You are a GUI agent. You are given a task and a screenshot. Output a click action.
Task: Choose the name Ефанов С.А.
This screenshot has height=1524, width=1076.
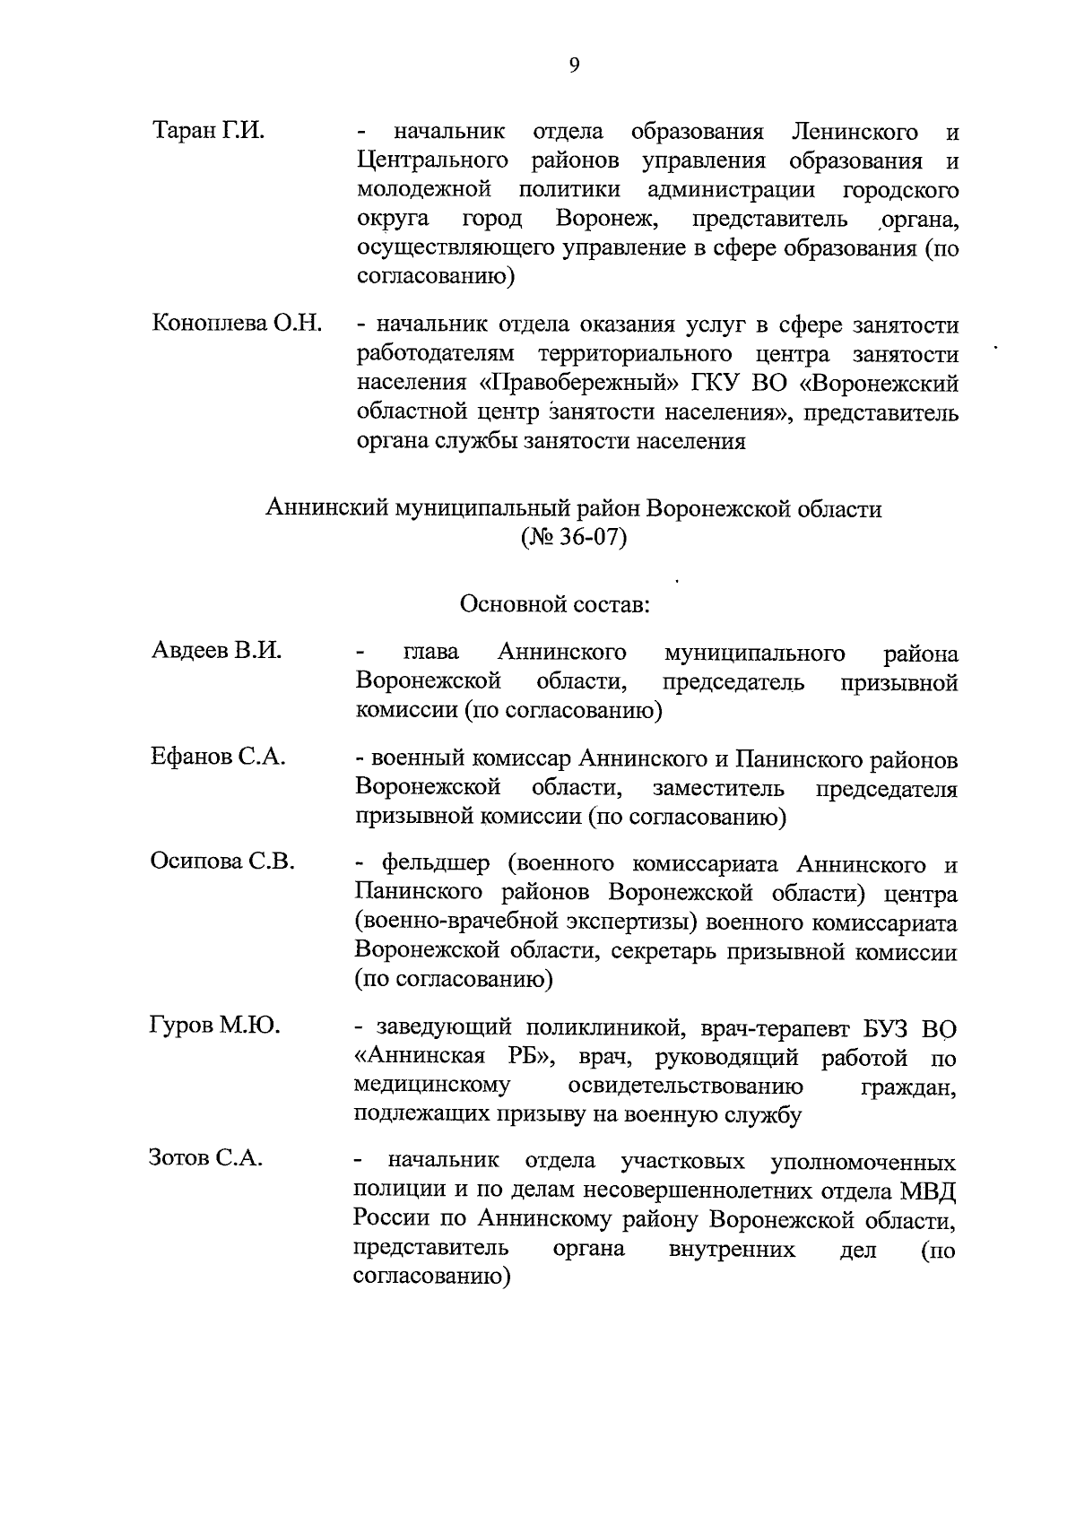(218, 757)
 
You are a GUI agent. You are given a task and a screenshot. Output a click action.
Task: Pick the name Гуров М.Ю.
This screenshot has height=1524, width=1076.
(215, 1026)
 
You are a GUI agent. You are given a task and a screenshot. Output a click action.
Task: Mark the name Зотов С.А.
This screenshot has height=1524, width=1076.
(206, 1158)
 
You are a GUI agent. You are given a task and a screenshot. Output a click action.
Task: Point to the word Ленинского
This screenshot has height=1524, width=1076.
(855, 133)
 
